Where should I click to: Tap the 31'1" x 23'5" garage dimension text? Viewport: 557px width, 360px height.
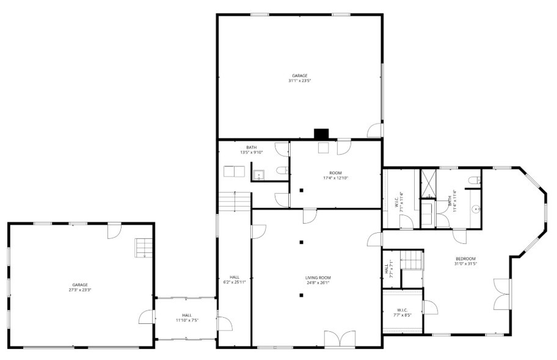pyautogui.click(x=299, y=81)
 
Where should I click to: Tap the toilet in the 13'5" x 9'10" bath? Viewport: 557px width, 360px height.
pyautogui.click(x=282, y=172)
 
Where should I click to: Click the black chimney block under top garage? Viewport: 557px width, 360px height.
pyautogui.click(x=321, y=134)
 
